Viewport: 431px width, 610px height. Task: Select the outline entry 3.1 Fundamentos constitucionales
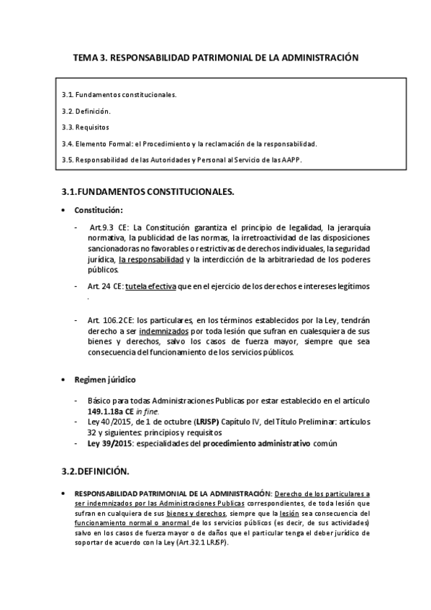pyautogui.click(x=119, y=94)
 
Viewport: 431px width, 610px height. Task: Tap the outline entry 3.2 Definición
pyautogui.click(x=86, y=111)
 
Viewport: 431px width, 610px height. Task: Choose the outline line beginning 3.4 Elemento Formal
pyautogui.click(x=189, y=143)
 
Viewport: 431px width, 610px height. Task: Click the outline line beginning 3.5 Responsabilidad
pyautogui.click(x=182, y=160)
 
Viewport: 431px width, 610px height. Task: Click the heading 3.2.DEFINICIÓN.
pyautogui.click(x=92, y=472)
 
